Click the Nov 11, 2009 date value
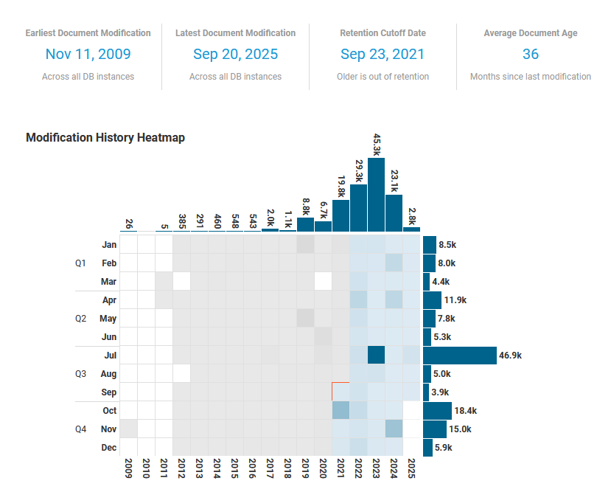tap(88, 54)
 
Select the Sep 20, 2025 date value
tap(235, 54)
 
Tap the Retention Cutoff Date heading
tap(383, 33)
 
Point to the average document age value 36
tap(530, 54)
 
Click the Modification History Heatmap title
tap(105, 138)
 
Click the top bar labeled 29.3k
tap(358, 208)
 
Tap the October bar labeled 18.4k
tap(437, 411)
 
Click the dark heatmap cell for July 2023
tap(376, 356)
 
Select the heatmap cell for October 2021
tap(341, 411)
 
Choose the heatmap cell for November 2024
tap(394, 429)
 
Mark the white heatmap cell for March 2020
tap(323, 282)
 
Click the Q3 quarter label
tap(81, 374)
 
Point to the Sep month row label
tap(108, 392)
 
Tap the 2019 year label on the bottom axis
tap(305, 470)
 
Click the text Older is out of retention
tap(383, 77)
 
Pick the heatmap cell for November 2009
tap(128, 429)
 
